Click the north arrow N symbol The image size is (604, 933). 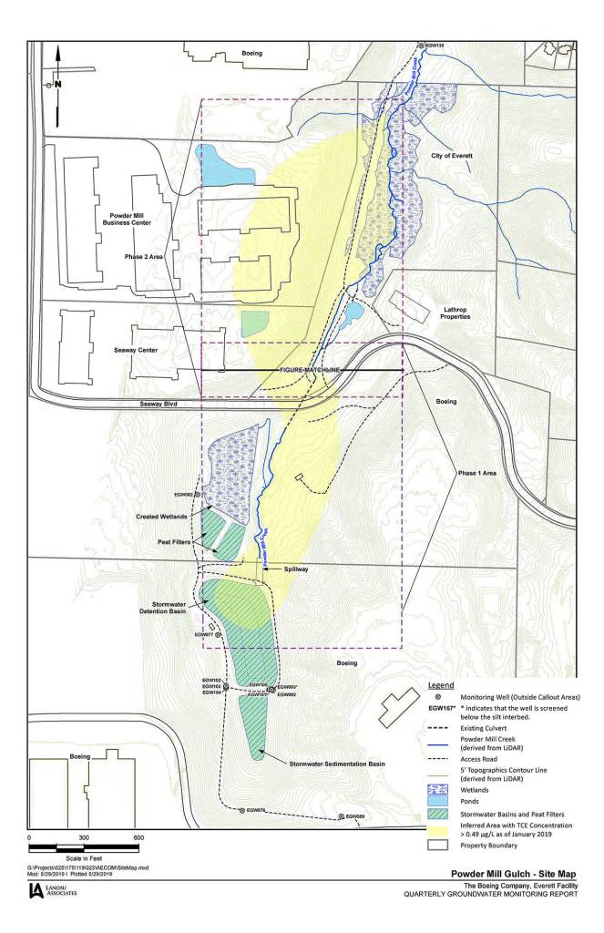pyautogui.click(x=56, y=83)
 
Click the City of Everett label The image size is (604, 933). pyautogui.click(x=453, y=157)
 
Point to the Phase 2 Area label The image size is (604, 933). pyautogui.click(x=144, y=257)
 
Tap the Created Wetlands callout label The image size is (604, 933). pyautogui.click(x=161, y=517)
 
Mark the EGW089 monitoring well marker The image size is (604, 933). pyautogui.click(x=340, y=816)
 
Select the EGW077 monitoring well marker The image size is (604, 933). pyautogui.click(x=217, y=634)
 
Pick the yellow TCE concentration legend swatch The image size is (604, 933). pyautogui.click(x=443, y=829)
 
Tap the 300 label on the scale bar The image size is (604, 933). pyautogui.click(x=84, y=837)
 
